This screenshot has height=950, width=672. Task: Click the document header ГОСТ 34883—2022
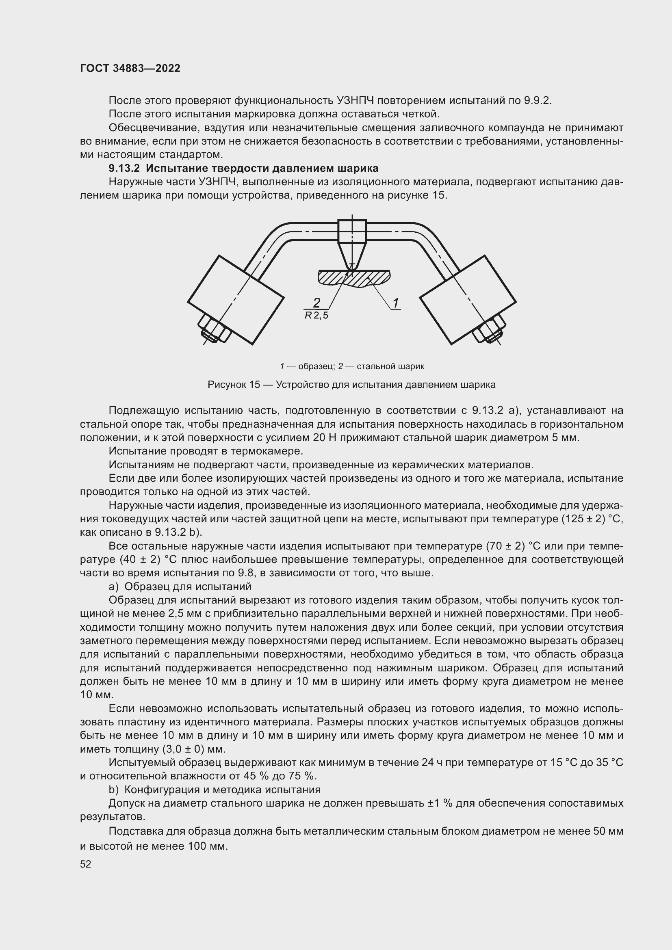pos(130,68)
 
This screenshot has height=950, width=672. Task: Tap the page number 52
pos(86,864)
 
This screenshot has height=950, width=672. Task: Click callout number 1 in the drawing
pos(396,303)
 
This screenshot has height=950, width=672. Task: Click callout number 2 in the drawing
pos(316,303)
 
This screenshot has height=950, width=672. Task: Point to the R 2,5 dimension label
pos(316,316)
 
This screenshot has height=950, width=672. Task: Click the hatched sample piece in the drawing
pos(364,277)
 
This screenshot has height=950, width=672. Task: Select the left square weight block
pos(236,300)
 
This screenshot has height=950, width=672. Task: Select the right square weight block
pos(468,300)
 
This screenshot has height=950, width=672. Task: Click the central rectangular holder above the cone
pos(352,231)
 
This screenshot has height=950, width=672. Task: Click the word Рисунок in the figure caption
pos(227,384)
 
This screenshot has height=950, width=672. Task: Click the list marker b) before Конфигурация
pos(113,790)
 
